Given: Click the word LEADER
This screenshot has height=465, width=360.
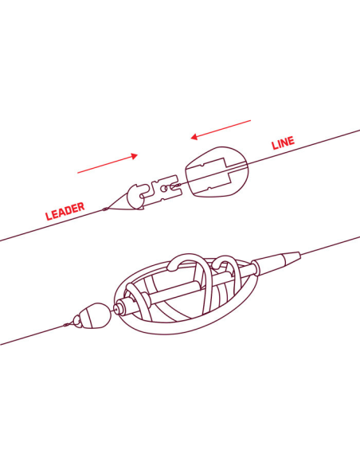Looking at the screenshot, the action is pyautogui.click(x=65, y=211).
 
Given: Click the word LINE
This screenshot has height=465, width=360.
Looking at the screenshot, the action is pyautogui.click(x=284, y=143).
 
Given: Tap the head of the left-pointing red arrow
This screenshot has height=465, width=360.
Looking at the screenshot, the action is pyautogui.click(x=194, y=137).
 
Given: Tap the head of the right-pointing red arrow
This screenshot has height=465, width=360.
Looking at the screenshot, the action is pyautogui.click(x=135, y=156).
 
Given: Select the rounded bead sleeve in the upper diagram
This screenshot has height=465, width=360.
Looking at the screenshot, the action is pyautogui.click(x=217, y=172).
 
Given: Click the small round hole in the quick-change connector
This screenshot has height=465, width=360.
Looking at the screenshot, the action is pyautogui.click(x=163, y=188).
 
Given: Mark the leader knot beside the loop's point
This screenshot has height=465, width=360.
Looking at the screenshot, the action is pyautogui.click(x=104, y=209).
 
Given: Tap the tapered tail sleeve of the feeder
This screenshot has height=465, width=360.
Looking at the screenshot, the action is pyautogui.click(x=280, y=261).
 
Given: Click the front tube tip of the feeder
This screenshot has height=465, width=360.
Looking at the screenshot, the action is pyautogui.click(x=120, y=307).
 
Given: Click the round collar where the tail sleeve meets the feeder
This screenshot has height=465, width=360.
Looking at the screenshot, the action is pyautogui.click(x=256, y=268).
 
